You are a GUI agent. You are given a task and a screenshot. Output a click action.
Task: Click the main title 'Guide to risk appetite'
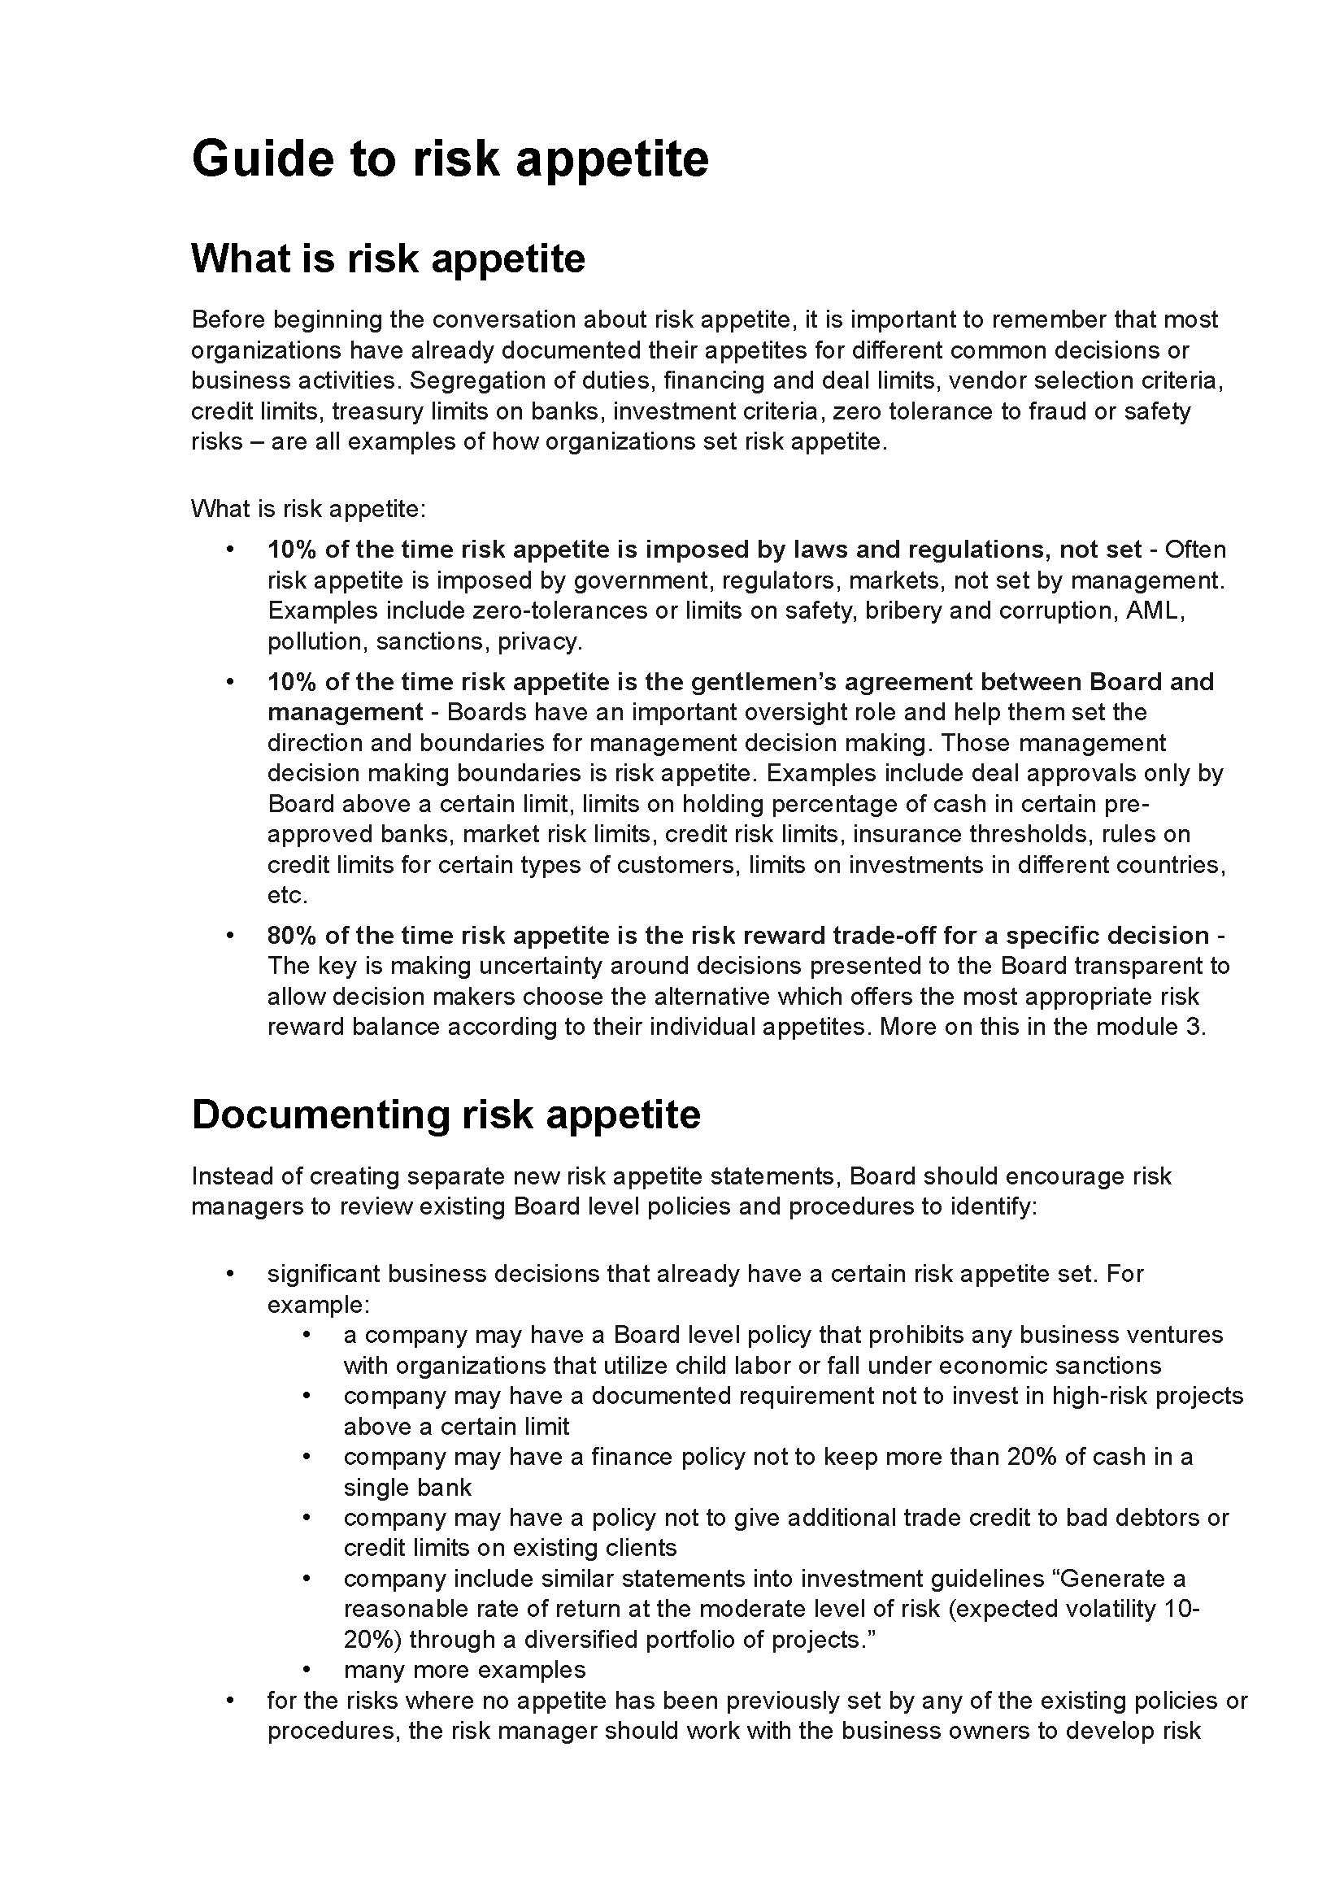pyautogui.click(x=450, y=159)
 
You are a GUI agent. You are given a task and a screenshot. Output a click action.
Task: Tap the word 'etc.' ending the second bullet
pyautogui.click(x=287, y=895)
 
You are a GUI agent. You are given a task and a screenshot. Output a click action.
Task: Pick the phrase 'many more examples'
pyautogui.click(x=464, y=1670)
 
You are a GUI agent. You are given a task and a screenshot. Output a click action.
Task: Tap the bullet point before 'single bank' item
pyautogui.click(x=307, y=1457)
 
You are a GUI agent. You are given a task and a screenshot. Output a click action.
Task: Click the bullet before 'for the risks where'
pyautogui.click(x=231, y=1701)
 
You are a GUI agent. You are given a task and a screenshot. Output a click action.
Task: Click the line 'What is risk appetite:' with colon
pyautogui.click(x=308, y=508)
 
